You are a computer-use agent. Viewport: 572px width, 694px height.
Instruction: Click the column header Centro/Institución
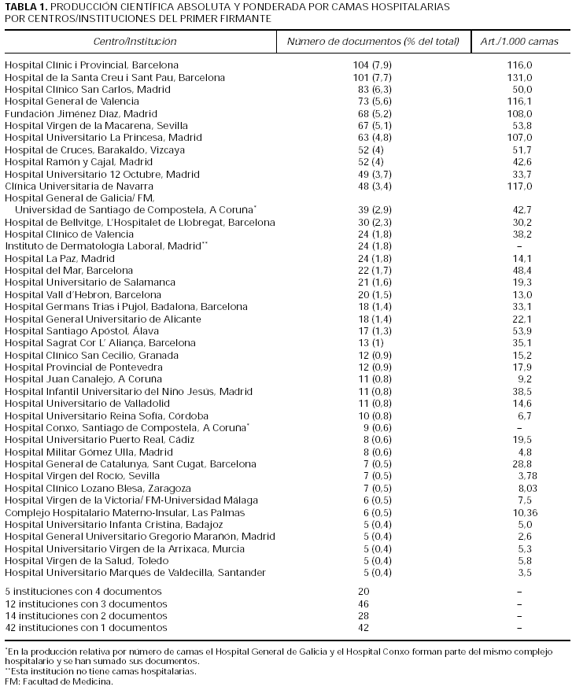[x=135, y=41]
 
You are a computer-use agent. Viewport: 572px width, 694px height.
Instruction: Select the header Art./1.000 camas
[x=519, y=41]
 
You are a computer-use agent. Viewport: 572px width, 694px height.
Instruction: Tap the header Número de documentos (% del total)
[x=372, y=41]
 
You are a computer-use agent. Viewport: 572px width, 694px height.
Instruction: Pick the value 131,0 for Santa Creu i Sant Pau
[x=519, y=78]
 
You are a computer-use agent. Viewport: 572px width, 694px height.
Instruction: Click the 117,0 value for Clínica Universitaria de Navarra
[x=519, y=186]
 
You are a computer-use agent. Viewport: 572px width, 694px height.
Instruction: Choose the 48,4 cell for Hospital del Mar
[x=519, y=270]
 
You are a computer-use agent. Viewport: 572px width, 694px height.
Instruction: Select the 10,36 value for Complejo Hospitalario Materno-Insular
[x=519, y=511]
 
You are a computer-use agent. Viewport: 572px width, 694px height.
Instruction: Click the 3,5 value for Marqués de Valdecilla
[x=522, y=571]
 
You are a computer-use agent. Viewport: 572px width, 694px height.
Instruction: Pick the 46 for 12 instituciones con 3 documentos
[x=363, y=604]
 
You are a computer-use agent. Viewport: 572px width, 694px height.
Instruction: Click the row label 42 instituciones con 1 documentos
[x=86, y=627]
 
